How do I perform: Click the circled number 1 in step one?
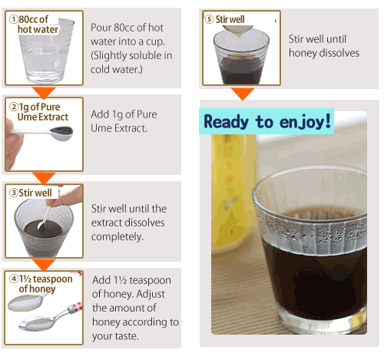click(x=14, y=19)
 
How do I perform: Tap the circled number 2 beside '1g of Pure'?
click(x=14, y=107)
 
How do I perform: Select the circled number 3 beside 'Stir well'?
click(x=14, y=193)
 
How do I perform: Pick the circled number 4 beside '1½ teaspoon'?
click(x=14, y=279)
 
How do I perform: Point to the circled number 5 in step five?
click(x=209, y=19)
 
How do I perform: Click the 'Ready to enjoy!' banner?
click(x=266, y=121)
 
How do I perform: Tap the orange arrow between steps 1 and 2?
click(x=44, y=93)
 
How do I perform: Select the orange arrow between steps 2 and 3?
click(x=44, y=178)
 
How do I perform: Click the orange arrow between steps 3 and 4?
click(x=44, y=265)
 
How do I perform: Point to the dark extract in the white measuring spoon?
click(x=61, y=130)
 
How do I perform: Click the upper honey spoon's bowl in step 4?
click(x=24, y=302)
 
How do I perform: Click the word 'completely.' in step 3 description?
click(x=118, y=237)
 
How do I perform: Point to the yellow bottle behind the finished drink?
click(x=233, y=192)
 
